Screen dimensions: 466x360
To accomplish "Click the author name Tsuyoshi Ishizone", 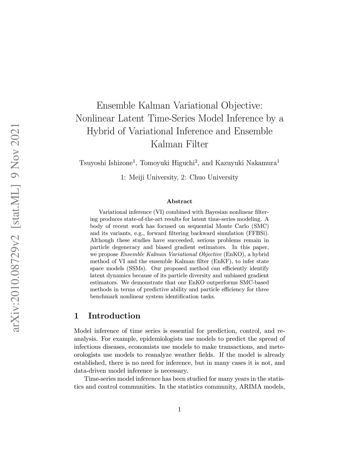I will (x=106, y=163).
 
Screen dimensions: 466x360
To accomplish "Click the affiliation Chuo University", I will (x=214, y=178).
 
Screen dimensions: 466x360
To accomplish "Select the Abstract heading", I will (x=179, y=202).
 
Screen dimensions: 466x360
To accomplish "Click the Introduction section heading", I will (x=114, y=316).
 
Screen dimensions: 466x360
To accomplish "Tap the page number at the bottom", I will (x=180, y=409).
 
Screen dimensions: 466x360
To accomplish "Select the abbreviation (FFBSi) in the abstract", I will (x=258, y=233).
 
